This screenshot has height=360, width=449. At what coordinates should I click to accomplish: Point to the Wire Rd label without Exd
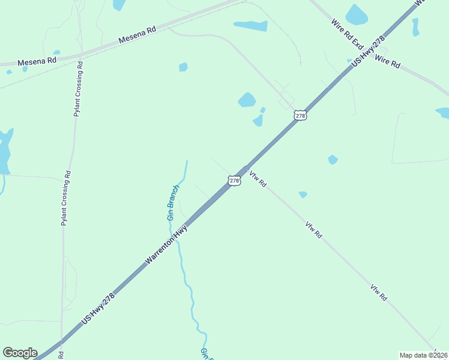pyautogui.click(x=387, y=62)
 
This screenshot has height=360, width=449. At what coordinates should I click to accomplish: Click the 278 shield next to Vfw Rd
pyautogui.click(x=234, y=180)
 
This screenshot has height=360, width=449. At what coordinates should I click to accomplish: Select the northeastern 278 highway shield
pyautogui.click(x=301, y=115)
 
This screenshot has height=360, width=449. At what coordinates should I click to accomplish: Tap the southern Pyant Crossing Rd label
pyautogui.click(x=66, y=199)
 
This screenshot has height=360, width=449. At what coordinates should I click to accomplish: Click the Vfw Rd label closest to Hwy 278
pyautogui.click(x=258, y=178)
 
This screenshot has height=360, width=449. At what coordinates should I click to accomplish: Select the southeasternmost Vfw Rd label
pyautogui.click(x=379, y=292)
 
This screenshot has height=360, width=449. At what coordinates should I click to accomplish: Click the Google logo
pyautogui.click(x=20, y=353)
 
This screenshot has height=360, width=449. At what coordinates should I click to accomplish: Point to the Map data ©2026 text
pyautogui.click(x=423, y=355)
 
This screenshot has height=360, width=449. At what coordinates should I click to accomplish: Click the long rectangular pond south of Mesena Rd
pyautogui.click(x=250, y=26)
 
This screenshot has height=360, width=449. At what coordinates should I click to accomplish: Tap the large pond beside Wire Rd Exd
pyautogui.click(x=356, y=15)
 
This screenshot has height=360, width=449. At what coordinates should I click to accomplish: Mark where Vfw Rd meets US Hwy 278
pyautogui.click(x=245, y=170)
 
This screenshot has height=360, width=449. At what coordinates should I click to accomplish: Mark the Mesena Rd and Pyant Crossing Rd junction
pyautogui.click(x=78, y=57)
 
